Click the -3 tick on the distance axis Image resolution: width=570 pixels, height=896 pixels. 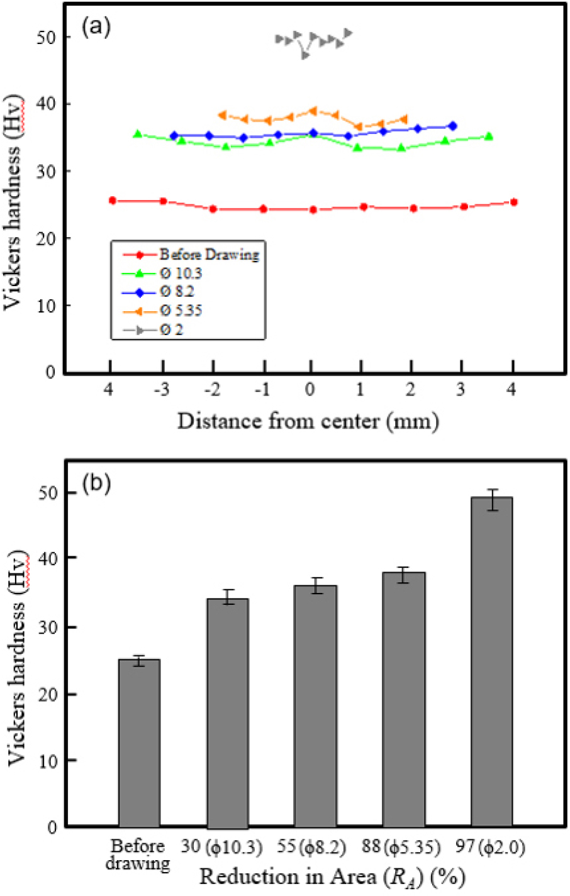tap(162, 390)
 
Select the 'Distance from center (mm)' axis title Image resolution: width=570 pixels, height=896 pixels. tap(308, 420)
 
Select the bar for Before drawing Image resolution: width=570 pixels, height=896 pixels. tap(139, 743)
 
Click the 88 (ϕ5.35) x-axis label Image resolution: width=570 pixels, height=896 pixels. tap(401, 847)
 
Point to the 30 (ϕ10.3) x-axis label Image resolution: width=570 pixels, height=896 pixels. tap(221, 847)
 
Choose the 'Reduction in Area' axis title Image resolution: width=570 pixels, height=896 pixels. tap(333, 876)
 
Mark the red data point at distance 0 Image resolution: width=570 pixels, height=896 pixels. tap(313, 209)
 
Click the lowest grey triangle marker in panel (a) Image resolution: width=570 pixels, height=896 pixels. tap(305, 55)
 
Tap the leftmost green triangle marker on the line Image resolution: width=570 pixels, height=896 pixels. tap(138, 134)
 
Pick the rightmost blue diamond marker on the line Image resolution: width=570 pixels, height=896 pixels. tap(452, 126)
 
